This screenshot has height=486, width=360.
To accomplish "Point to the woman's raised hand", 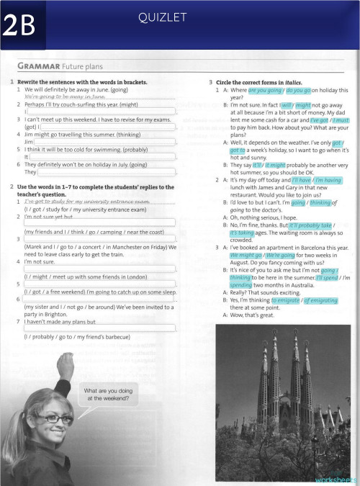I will pyautogui.click(x=66, y=364).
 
